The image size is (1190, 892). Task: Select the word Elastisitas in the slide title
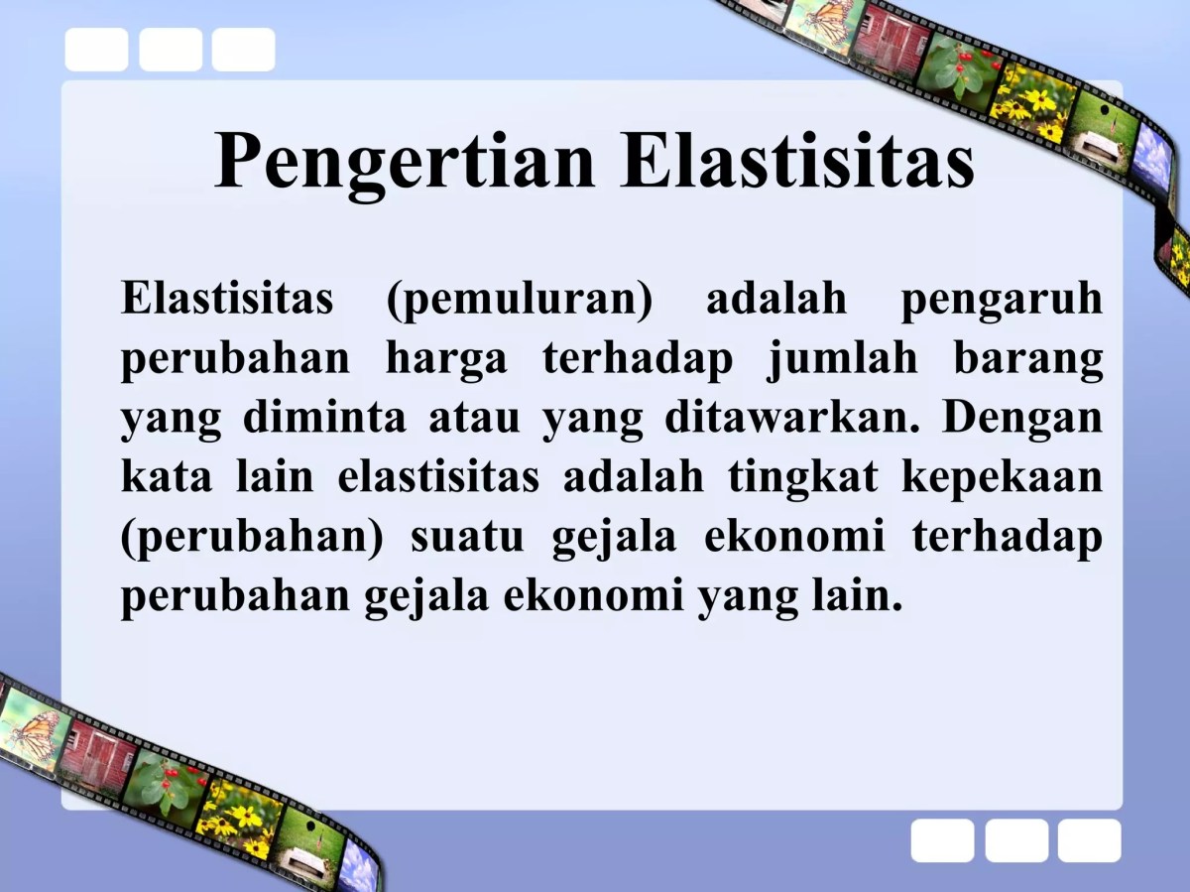point(798,159)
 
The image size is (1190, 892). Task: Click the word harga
point(445,358)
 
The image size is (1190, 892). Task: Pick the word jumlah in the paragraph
point(842,358)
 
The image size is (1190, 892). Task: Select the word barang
point(1028,358)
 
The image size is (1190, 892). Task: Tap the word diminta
point(324,418)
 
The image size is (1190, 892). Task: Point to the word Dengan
point(1022,418)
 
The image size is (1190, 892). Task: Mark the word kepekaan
point(1002,477)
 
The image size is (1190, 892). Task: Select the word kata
point(167,477)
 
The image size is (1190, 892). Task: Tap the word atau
point(474,418)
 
